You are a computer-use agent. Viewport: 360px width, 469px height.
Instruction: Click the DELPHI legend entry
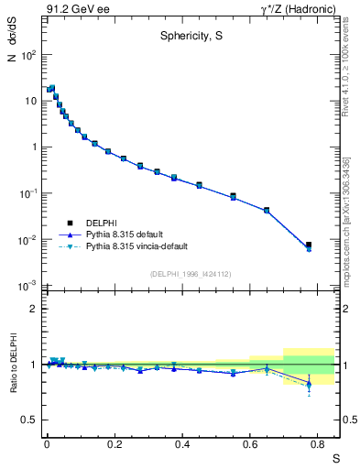point(102,223)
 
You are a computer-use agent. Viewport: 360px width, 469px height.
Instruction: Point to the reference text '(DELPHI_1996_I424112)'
point(190,273)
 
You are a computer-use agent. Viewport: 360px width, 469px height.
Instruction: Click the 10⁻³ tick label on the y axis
point(28,287)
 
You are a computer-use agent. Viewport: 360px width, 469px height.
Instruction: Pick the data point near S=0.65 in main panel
point(267,210)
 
